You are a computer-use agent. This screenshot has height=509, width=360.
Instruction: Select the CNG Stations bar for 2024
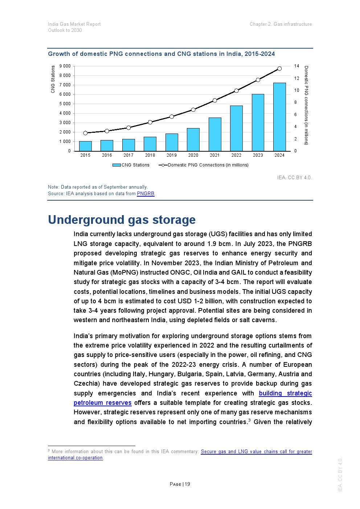(279, 117)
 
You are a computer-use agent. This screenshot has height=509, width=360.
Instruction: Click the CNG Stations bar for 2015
(85, 146)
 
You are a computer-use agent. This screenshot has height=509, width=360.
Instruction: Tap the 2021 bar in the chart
(215, 134)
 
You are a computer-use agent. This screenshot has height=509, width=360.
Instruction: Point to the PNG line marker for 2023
(258, 80)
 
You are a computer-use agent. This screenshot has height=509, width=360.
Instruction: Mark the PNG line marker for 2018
(150, 122)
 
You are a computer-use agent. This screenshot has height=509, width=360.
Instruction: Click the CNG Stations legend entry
(131, 165)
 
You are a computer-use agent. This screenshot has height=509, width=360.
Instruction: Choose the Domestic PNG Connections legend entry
(204, 165)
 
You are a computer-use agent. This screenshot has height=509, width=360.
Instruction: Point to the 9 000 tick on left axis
(65, 66)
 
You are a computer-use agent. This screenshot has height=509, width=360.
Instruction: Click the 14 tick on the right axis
(297, 66)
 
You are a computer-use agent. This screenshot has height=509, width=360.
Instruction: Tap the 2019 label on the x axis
(172, 155)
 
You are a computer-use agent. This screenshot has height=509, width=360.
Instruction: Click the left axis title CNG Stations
(53, 79)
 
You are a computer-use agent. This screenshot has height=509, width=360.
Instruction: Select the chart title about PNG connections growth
(161, 54)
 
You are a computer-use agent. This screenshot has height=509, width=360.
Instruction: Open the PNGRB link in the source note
(146, 194)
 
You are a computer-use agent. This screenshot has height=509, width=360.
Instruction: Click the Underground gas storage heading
(122, 220)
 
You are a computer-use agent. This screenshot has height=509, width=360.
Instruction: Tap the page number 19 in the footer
(180, 484)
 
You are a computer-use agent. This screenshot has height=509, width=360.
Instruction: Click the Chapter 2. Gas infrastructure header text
(281, 24)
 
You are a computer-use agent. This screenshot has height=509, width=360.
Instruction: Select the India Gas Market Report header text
(74, 24)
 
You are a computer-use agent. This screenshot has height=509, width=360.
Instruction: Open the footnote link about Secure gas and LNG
(256, 452)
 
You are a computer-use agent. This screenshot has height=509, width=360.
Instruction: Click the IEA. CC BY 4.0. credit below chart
(294, 177)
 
